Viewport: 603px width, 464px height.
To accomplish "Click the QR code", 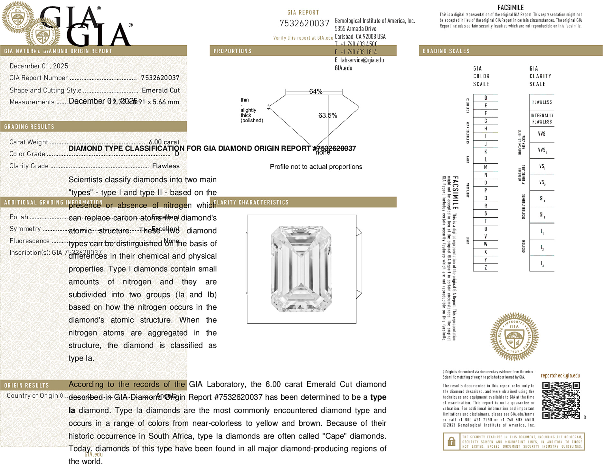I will pos(561,400).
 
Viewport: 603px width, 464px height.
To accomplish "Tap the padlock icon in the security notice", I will pos(451,441).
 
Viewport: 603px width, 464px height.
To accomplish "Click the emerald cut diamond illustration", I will pos(301,269).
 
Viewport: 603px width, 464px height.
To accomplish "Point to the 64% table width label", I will pos(316,91).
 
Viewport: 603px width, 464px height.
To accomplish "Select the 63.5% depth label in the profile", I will pos(327,115).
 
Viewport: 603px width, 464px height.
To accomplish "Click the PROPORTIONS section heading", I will pos(232,51).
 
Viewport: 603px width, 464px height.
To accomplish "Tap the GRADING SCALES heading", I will pos(446,51).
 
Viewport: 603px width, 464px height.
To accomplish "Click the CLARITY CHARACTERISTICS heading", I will pos(251,202).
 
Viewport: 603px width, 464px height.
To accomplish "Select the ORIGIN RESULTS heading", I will pos(26,385).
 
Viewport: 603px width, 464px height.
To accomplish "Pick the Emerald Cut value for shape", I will pos(161,90).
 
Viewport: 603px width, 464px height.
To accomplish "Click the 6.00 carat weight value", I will pos(164,142).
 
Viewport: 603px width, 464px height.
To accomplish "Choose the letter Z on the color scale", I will pos(485,268).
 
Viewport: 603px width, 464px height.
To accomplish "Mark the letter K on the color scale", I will pos(485,152).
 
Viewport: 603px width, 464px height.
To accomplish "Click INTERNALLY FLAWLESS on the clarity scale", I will pos(542,119).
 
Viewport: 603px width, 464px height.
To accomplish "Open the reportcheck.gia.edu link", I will pos(560,376).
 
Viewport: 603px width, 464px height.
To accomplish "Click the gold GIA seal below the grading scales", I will pos(514,336).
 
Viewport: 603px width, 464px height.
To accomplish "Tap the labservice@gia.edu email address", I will pos(362,60).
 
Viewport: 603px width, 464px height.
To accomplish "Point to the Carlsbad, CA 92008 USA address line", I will pos(360,37).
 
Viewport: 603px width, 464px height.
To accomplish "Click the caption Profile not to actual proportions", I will pos(316,167).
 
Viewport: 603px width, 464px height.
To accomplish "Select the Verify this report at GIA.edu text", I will pos(303,38).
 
